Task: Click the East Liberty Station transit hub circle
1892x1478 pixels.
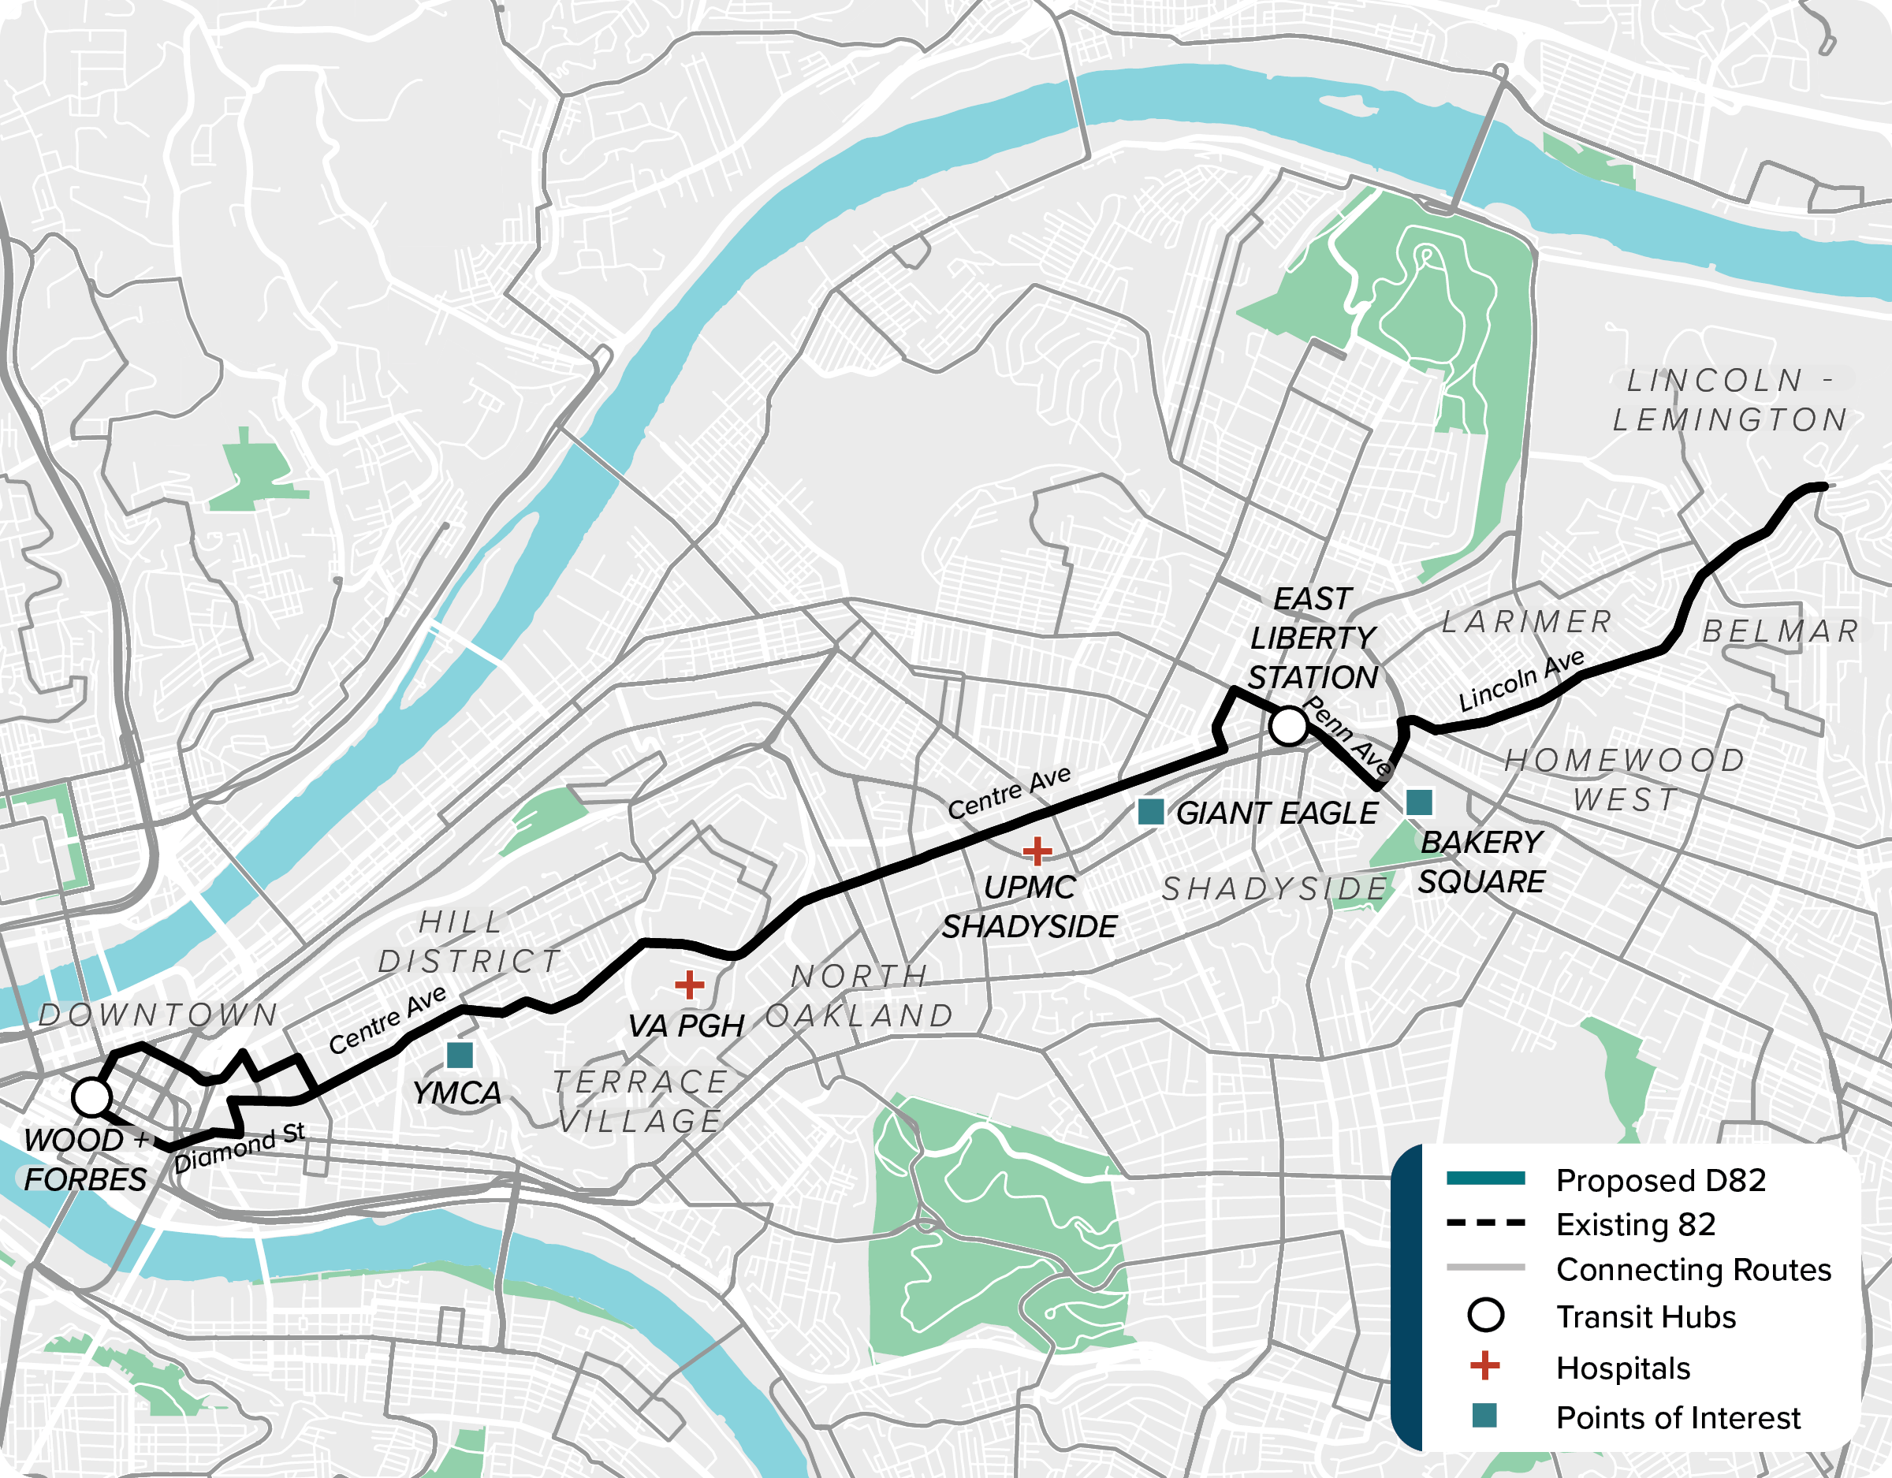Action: tap(1288, 726)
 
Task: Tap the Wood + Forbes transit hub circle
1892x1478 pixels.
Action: tap(91, 1096)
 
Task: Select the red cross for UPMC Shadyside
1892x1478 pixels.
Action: tap(1037, 851)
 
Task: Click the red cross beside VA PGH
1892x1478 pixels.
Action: tap(689, 985)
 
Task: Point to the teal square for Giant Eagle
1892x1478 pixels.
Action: tap(1150, 812)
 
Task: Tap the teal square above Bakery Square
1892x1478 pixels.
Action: tap(1419, 802)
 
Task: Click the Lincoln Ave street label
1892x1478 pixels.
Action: tap(1521, 680)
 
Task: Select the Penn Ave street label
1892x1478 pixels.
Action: tap(1347, 735)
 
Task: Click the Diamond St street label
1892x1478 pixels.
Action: tap(239, 1148)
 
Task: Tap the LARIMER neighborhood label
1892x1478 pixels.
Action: tap(1526, 621)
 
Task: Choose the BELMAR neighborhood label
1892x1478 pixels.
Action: tap(1780, 631)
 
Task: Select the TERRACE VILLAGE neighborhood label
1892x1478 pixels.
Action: tap(640, 1101)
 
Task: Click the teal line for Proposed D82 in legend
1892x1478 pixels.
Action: tap(1486, 1178)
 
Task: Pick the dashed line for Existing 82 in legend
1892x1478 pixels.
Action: tap(1486, 1223)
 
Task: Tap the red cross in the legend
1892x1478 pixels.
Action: tap(1485, 1366)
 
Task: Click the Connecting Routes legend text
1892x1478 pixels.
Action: tap(1693, 1269)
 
